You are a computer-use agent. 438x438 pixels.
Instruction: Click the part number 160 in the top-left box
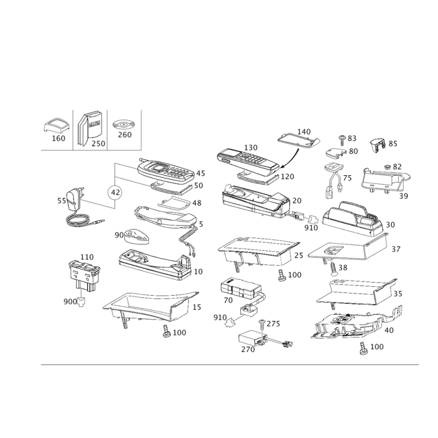pos(59,139)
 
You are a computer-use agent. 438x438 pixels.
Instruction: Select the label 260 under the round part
pos(124,135)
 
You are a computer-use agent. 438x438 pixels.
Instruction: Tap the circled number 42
pos(114,192)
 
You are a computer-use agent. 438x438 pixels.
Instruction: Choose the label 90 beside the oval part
pos(119,235)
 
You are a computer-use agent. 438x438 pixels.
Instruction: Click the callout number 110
pos(88,257)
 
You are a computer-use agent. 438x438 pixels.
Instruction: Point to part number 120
pos(288,176)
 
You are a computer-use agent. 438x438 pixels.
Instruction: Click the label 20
pos(297,200)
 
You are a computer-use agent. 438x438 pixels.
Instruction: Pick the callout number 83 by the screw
pos(351,138)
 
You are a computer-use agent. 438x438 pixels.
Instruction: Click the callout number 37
pos(396,249)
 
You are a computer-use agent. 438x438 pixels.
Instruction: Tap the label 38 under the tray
pos(343,267)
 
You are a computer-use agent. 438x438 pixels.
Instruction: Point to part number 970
pos(219,317)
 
